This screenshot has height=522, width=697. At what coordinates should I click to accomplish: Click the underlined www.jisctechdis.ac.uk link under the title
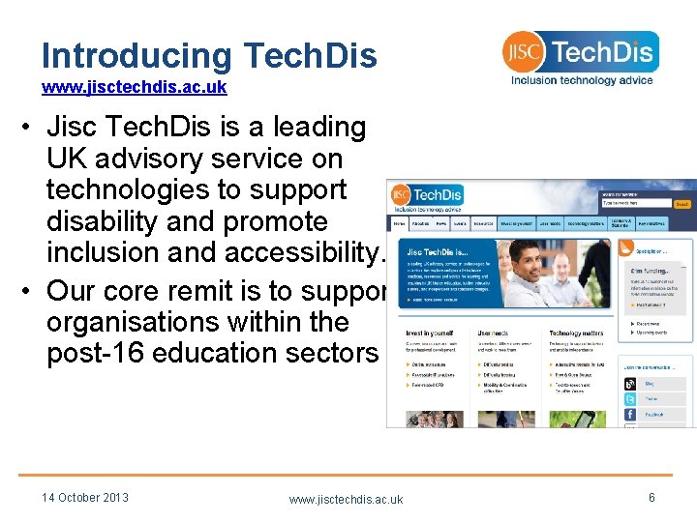(x=134, y=87)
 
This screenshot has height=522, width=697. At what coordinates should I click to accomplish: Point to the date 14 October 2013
(x=85, y=498)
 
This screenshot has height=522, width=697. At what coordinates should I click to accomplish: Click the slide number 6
(x=652, y=497)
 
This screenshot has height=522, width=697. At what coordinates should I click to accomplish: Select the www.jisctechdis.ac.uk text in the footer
(x=346, y=499)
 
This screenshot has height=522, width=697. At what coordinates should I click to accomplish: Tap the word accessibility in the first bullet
(x=306, y=252)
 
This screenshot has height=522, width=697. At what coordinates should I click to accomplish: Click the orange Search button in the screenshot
(x=682, y=204)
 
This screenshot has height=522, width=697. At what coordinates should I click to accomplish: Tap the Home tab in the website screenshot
(x=400, y=222)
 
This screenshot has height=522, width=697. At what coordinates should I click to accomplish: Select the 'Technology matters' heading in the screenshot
(x=577, y=332)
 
